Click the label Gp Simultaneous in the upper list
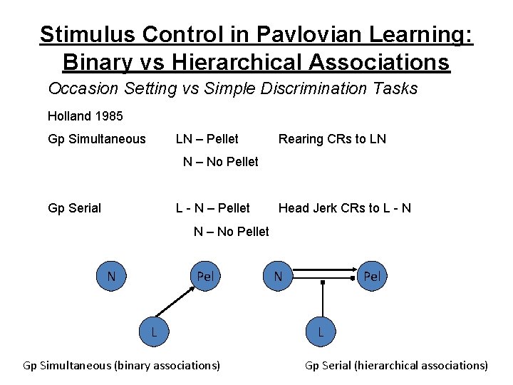coord(96,139)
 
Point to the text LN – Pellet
coord(207,139)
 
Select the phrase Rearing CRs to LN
coord(332,139)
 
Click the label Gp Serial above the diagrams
coord(74,208)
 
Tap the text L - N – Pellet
coord(213,208)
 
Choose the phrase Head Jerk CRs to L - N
coord(344,208)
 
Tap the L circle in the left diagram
coord(154,331)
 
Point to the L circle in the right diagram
coord(321,332)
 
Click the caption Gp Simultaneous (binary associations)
coord(122,366)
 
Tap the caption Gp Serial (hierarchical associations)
coord(396,366)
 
